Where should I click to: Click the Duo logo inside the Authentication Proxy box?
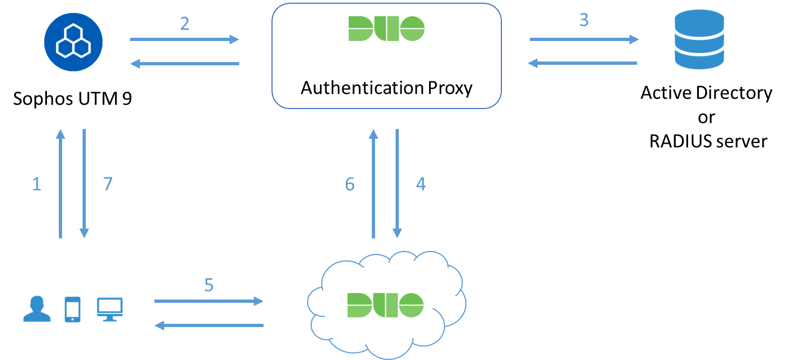(x=386, y=29)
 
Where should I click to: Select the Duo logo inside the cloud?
(x=385, y=305)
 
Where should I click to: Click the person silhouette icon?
(x=37, y=309)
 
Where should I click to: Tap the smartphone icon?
(x=72, y=309)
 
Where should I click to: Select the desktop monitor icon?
(x=110, y=309)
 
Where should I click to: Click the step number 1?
(x=37, y=185)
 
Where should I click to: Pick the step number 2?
(x=185, y=24)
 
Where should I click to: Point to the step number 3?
(x=583, y=20)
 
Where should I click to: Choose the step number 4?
(x=420, y=185)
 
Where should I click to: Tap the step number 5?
(x=209, y=285)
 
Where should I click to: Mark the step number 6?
(x=350, y=185)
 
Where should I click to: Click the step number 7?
(x=107, y=185)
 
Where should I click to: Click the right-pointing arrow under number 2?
(x=185, y=39)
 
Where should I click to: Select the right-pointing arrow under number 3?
(x=584, y=39)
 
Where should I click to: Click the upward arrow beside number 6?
(x=373, y=184)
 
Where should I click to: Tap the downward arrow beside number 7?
(x=84, y=184)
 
